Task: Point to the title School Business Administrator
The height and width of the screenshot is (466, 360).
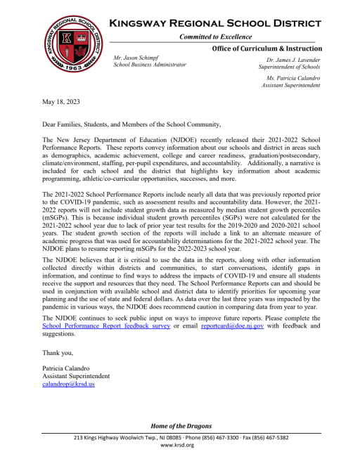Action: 150,65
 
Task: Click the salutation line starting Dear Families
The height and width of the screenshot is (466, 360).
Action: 131,124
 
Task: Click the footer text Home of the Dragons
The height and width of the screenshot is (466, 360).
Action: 179,426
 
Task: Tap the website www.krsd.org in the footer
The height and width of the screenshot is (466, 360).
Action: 180,446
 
